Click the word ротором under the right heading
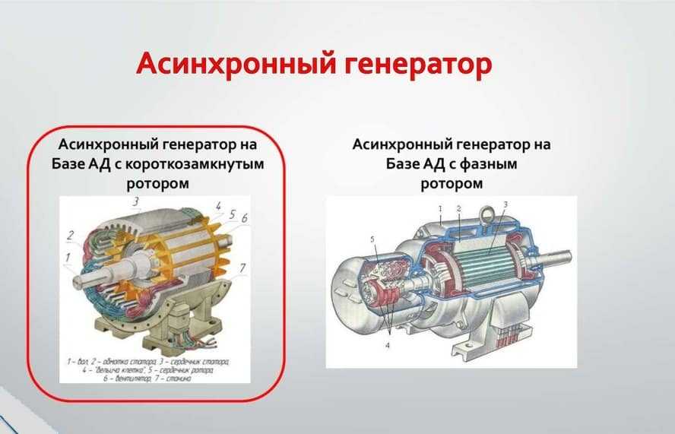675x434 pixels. (x=452, y=183)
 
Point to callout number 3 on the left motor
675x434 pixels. (x=136, y=201)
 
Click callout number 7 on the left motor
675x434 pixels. (x=242, y=268)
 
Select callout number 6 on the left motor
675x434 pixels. (x=244, y=219)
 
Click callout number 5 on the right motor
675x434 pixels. (x=372, y=239)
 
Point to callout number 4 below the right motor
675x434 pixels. (x=388, y=345)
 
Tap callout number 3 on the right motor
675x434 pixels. (x=505, y=204)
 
